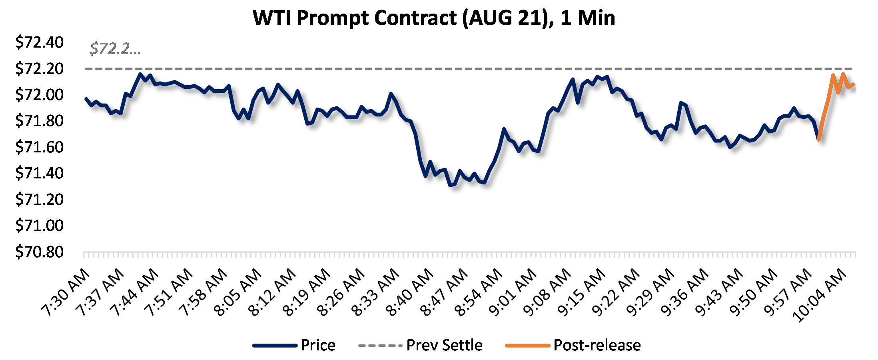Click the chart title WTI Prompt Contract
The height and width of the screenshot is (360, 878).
434,18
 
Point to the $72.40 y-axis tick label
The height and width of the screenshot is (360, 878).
39,42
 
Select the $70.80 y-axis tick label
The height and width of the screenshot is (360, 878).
39,252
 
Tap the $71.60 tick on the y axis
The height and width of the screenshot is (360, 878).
39,147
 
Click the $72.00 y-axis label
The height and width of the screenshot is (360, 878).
39,95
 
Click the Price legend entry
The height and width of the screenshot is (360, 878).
318,345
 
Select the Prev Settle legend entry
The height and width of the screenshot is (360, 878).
444,345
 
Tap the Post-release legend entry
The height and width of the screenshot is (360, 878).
597,345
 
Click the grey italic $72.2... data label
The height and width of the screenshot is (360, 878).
115,49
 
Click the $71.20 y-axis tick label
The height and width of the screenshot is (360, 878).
39,200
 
